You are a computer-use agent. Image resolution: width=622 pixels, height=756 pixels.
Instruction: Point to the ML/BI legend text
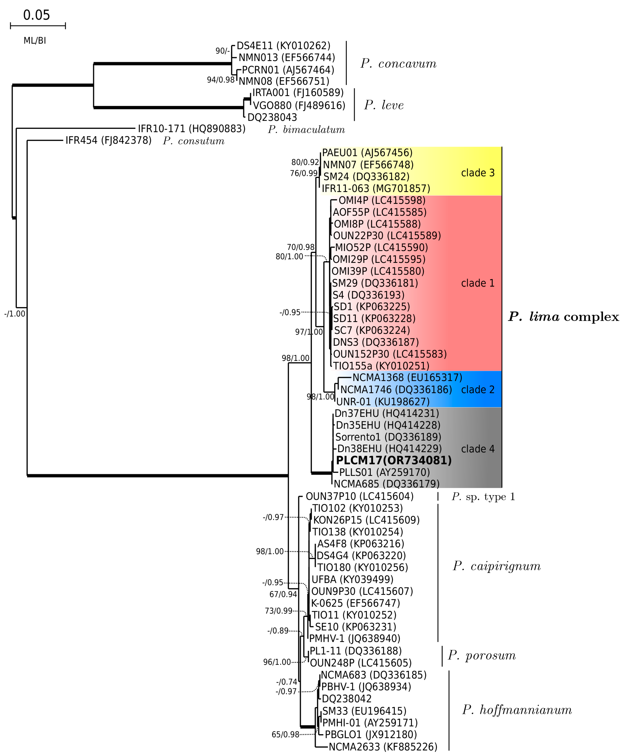pyautogui.click(x=35, y=41)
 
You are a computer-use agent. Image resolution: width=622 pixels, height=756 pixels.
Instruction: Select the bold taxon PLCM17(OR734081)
pyautogui.click(x=393, y=460)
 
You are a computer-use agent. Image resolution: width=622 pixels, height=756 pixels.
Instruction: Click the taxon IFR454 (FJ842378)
pyautogui.click(x=108, y=140)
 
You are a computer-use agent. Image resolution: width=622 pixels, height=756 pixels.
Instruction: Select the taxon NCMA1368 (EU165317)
pyautogui.click(x=407, y=377)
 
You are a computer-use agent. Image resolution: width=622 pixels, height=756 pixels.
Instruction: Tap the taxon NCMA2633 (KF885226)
pyautogui.click(x=383, y=747)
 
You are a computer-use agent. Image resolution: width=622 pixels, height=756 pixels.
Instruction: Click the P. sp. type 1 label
pyautogui.click(x=483, y=497)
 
